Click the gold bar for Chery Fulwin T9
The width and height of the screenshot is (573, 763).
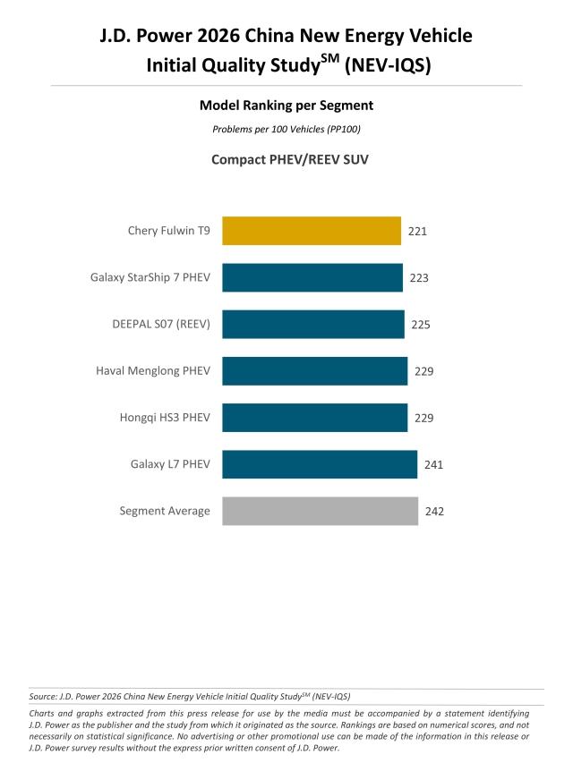point(311,231)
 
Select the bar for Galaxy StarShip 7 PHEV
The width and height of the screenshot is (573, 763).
point(312,277)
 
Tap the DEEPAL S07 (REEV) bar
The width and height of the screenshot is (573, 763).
point(313,324)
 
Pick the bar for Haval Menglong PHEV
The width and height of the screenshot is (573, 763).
point(315,370)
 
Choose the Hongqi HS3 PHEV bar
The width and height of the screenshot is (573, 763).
point(315,418)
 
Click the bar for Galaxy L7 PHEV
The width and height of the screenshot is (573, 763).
point(320,464)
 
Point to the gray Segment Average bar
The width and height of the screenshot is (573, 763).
point(320,511)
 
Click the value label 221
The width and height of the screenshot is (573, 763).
point(417,231)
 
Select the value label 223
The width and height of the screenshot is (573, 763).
point(419,277)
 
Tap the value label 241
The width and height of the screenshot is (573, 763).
point(433,464)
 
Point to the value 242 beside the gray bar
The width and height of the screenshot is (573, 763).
point(434,512)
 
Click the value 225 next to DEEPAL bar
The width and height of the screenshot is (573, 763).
point(421,324)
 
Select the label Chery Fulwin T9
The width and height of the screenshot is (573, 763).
point(169,231)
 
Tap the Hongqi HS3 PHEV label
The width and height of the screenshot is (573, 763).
point(165,418)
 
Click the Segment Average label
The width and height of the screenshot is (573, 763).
point(165,511)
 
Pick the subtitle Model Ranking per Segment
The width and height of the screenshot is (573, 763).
point(286,106)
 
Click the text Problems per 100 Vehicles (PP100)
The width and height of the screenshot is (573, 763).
point(286,130)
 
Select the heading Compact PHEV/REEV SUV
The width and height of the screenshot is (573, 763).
point(286,160)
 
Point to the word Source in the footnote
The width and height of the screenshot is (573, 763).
point(42,695)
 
